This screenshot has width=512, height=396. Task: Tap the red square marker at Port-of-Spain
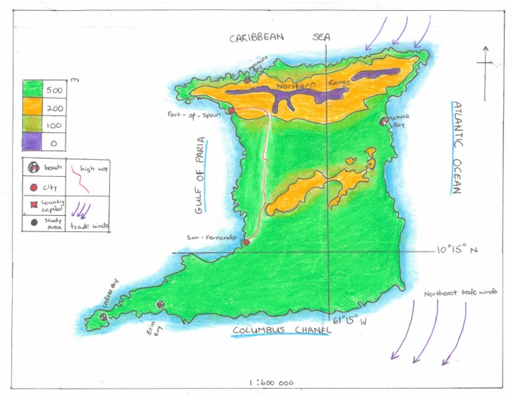point(231,111)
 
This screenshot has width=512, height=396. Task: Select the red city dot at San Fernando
point(246,241)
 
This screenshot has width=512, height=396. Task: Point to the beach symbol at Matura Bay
point(383,121)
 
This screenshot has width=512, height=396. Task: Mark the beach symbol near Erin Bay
point(160,304)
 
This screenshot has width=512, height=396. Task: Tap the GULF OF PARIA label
point(201,176)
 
